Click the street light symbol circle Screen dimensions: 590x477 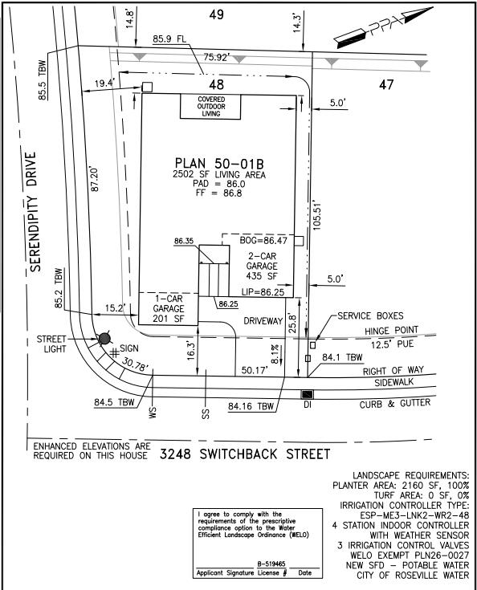pos(104,340)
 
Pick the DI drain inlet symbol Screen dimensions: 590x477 pos(307,394)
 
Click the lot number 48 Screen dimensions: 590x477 pos(215,83)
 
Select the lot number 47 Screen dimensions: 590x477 pos(387,83)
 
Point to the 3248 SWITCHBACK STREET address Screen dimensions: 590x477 pos(244,455)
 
